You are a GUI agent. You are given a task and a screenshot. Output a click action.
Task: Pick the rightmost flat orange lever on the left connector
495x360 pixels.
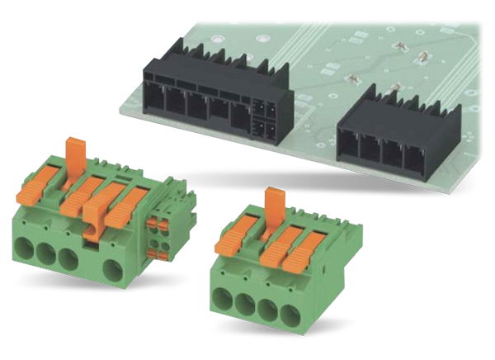133,199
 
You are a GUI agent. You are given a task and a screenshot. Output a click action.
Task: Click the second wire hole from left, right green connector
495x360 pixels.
244,302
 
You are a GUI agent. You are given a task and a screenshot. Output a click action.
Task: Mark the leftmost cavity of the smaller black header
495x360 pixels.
350,149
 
